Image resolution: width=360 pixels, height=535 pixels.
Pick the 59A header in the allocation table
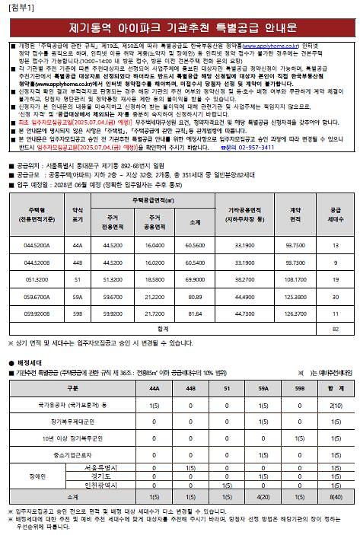(263, 388)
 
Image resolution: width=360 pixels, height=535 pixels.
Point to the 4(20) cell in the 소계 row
(263, 496)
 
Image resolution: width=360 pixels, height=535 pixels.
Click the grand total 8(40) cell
(336, 496)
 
